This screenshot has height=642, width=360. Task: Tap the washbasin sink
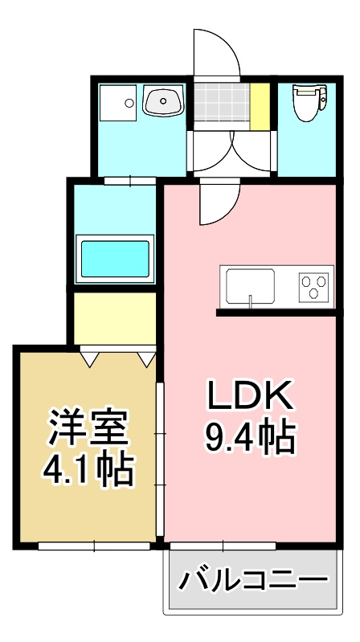pos(163,100)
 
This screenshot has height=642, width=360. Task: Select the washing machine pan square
pos(118,103)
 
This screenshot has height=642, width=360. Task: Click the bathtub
pos(115,259)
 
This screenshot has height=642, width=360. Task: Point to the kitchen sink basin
pos(250,286)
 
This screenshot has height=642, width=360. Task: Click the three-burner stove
pos(314,287)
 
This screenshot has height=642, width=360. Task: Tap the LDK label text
pos(250,395)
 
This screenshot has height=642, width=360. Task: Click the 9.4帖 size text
pos(250,436)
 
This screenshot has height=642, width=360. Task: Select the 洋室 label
pos(88,427)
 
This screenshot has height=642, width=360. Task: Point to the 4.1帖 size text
pos(88,469)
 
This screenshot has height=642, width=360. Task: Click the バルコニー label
pos(254,580)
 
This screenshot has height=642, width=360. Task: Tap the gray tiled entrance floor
pos(222,102)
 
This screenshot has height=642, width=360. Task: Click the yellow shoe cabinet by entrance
pos(260,106)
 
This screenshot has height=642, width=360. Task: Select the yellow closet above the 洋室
pos(115,318)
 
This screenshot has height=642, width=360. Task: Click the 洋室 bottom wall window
pos(94,546)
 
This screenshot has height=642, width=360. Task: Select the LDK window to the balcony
pos(223,546)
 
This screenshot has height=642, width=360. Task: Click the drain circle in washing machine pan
pos(129,103)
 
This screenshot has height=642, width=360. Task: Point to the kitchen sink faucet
pos(250,299)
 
